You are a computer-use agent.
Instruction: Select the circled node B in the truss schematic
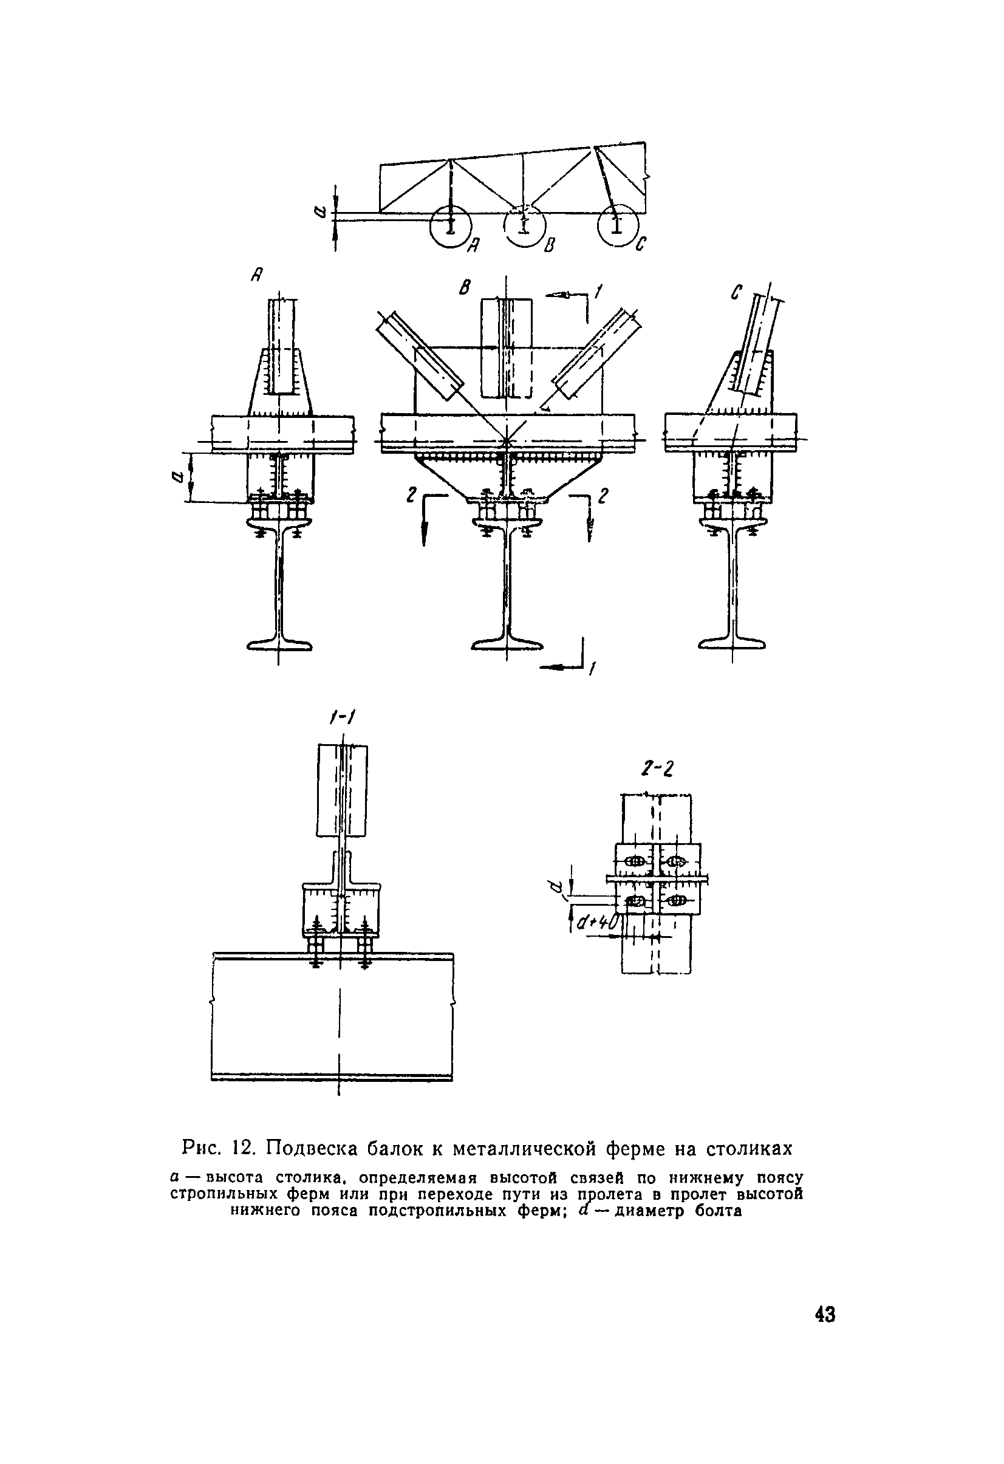(x=524, y=225)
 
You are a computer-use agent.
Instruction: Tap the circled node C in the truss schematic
(x=617, y=225)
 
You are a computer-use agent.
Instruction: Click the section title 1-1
(x=343, y=717)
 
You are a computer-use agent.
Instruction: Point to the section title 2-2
(x=657, y=768)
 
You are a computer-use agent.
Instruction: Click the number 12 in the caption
(x=243, y=1149)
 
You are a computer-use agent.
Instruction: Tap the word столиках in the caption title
(x=748, y=1149)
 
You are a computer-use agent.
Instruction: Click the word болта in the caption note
(x=717, y=1211)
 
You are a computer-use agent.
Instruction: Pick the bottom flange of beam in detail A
(x=279, y=645)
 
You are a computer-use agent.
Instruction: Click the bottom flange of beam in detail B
(x=507, y=645)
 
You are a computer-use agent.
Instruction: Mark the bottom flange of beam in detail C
(x=733, y=645)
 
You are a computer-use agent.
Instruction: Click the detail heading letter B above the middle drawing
(x=465, y=288)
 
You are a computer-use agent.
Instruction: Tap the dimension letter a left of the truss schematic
(x=321, y=213)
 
